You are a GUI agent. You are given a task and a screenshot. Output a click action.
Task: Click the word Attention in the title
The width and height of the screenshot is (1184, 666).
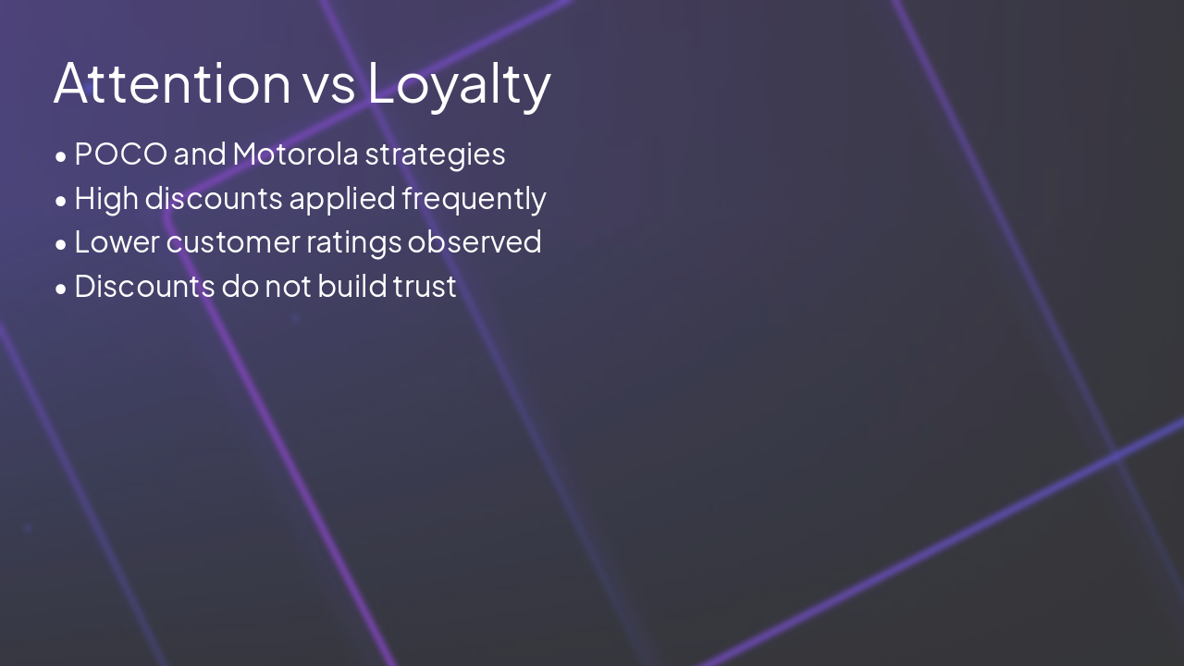[172, 82]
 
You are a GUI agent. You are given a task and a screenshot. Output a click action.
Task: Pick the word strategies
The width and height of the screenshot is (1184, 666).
[435, 154]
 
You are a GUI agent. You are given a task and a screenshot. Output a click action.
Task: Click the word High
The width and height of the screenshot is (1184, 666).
[105, 199]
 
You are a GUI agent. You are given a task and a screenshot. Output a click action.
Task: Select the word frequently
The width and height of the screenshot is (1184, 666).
[474, 199]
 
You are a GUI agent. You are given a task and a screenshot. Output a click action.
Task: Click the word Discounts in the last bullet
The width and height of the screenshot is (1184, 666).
[144, 287]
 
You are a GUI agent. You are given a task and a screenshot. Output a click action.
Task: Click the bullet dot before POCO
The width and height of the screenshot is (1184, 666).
[61, 156]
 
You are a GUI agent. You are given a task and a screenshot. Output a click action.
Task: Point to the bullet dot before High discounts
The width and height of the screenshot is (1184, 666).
[61, 201]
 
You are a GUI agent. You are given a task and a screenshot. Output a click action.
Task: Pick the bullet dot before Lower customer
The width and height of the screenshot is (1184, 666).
[61, 244]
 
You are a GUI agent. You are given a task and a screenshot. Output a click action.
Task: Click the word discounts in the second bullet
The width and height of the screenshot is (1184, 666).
[213, 199]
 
